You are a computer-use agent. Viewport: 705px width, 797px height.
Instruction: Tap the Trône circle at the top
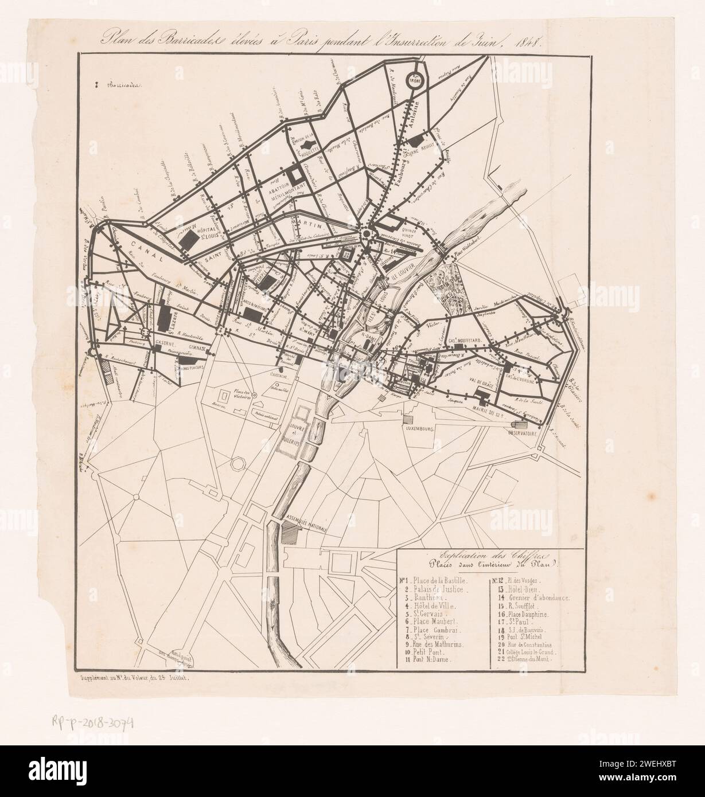coord(414,81)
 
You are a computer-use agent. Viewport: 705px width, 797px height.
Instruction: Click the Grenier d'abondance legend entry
coord(538,599)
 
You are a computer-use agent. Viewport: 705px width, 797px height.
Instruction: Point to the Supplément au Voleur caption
coord(139,678)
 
